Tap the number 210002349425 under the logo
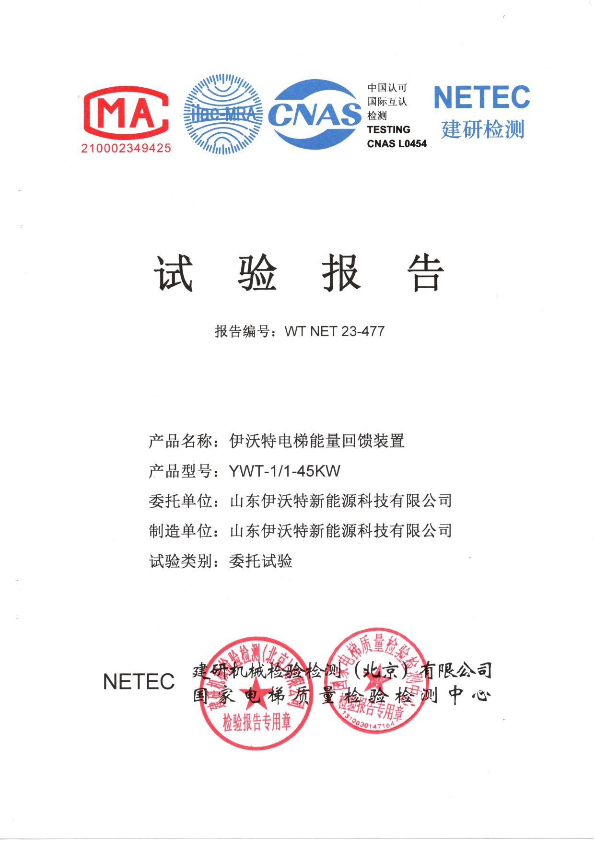click(126, 148)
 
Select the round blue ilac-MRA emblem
click(223, 114)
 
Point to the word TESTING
click(388, 129)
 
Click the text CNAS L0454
click(397, 143)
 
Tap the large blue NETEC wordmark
click(481, 97)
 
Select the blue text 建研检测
click(482, 129)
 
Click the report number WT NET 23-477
click(334, 331)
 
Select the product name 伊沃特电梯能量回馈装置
click(317, 441)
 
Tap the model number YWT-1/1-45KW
click(285, 471)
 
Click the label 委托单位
click(180, 501)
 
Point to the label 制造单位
click(180, 531)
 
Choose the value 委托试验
click(261, 561)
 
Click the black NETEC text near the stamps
click(139, 681)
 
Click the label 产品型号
click(180, 471)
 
